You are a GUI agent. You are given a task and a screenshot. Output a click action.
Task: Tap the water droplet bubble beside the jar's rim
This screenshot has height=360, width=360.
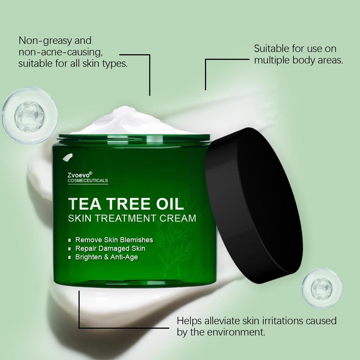point(30,116)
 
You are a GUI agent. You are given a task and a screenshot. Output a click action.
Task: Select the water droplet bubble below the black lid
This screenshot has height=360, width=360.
point(321,288)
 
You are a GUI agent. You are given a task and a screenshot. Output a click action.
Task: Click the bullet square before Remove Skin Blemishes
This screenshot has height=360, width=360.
point(70,241)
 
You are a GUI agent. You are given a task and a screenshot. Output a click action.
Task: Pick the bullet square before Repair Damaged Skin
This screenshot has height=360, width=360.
point(70,249)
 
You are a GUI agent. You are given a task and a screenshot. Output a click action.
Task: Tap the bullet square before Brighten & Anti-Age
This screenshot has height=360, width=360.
point(70,258)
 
